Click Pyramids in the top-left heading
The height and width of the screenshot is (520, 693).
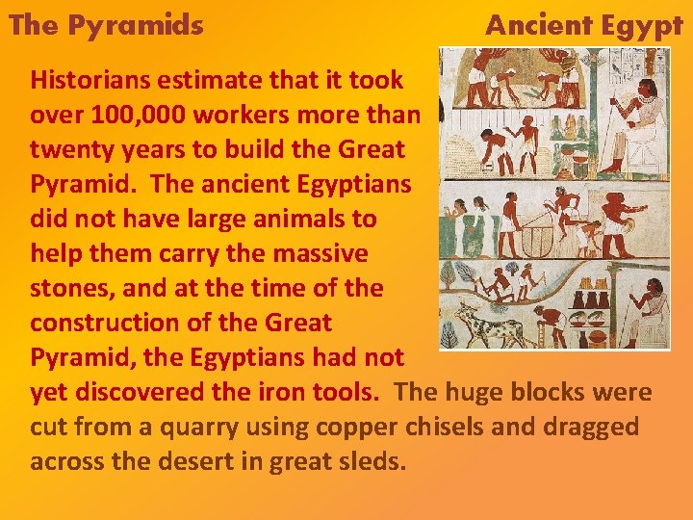point(135,25)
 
